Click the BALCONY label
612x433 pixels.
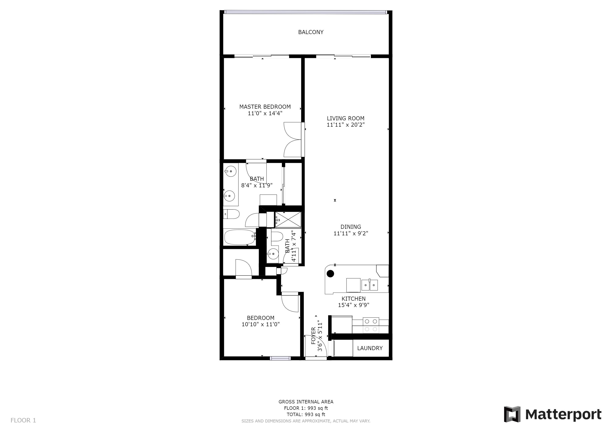311,32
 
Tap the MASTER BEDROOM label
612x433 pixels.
265,107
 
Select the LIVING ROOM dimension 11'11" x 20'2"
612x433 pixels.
346,125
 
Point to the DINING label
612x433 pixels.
351,227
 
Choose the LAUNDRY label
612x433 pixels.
370,348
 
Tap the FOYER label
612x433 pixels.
313,336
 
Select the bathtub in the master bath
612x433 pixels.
240,237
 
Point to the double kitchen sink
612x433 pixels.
369,285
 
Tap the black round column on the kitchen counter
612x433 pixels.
331,274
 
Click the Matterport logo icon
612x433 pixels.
512,414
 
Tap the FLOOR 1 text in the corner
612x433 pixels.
23,421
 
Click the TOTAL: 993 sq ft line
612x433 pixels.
306,414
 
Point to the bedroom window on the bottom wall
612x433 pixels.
280,358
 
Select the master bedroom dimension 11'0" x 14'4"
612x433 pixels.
265,113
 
